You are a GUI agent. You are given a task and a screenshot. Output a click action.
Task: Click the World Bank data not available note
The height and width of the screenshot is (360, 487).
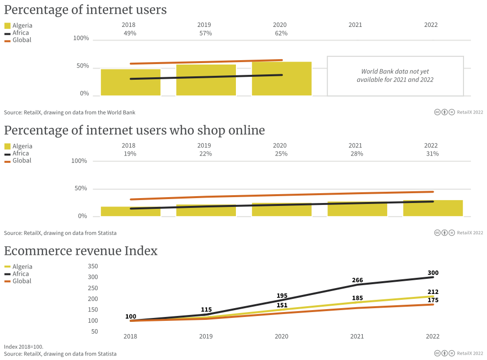[x=395, y=76]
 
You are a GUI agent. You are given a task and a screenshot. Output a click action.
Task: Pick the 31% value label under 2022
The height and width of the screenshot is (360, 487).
[x=432, y=154]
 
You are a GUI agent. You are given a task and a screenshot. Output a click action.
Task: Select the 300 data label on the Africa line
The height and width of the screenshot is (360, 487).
[x=433, y=273]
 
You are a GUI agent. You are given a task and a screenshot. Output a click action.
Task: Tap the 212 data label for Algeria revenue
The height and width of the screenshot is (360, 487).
[x=433, y=292]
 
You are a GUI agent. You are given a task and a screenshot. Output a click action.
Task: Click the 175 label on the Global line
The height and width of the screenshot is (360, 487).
[x=433, y=300]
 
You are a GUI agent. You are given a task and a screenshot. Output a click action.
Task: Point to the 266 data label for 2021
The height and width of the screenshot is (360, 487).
[x=357, y=280]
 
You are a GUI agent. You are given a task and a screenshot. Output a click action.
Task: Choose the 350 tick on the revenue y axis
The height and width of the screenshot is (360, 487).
[x=93, y=267]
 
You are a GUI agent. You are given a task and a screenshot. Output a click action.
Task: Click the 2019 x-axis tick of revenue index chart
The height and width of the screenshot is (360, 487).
[x=206, y=337]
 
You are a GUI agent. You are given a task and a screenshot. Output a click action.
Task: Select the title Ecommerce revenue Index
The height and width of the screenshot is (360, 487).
[x=81, y=251]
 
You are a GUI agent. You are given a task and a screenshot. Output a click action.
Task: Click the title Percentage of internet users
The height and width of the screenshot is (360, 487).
[x=85, y=10]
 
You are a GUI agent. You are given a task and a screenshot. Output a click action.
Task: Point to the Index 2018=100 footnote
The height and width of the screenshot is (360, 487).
[x=23, y=346]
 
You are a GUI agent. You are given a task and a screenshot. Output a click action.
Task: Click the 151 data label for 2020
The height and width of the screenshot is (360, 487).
[x=281, y=305]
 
